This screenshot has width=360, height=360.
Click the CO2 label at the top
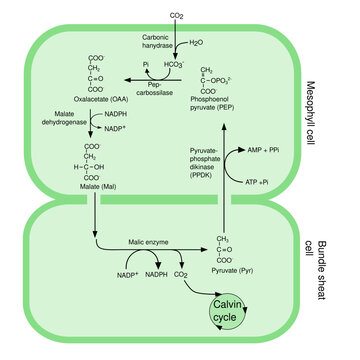pyautogui.click(x=177, y=17)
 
